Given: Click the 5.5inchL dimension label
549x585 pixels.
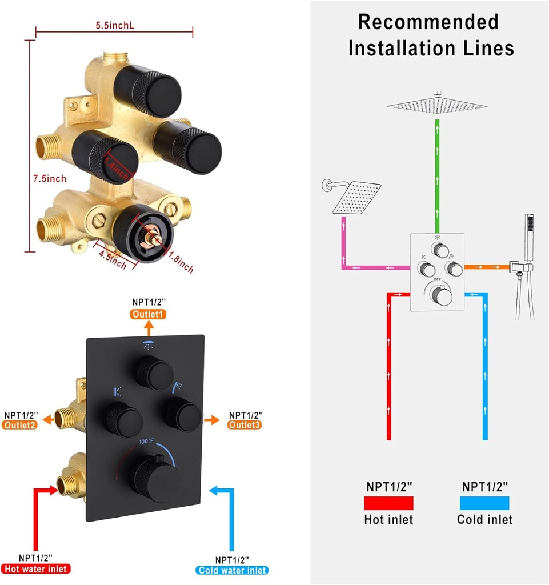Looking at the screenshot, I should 114,25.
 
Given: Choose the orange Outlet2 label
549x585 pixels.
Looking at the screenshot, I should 21,425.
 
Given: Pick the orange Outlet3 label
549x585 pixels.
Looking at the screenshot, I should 246,425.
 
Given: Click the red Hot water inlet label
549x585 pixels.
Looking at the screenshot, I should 36,568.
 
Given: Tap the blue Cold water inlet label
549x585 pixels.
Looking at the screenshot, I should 232,570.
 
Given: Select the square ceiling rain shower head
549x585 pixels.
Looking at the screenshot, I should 437,103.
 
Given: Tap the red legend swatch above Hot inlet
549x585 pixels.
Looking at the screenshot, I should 388,503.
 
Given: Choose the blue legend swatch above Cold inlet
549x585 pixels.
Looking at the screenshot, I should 484,503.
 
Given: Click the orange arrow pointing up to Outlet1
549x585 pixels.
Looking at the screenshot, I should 149,328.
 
